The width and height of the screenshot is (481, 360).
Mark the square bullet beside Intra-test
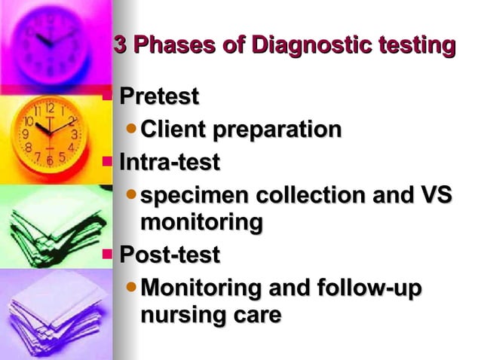pyautogui.click(x=106, y=160)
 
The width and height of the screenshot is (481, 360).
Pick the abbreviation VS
pyautogui.click(x=436, y=195)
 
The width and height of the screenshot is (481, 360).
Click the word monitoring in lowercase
pyautogui.click(x=201, y=223)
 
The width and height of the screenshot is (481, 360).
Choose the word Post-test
pyautogui.click(x=169, y=255)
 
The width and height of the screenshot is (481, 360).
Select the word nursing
pyautogui.click(x=181, y=315)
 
